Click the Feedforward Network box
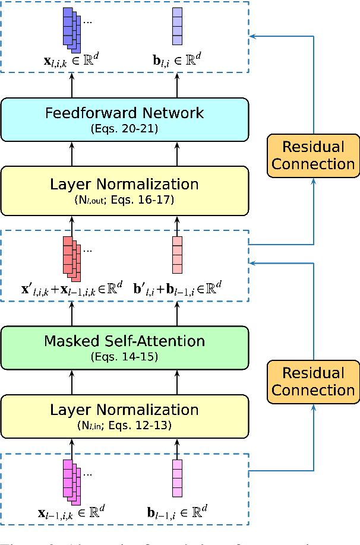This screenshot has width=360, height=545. (124, 119)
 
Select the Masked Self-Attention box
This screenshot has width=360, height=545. (124, 347)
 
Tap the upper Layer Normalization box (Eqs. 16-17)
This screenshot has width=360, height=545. (124, 190)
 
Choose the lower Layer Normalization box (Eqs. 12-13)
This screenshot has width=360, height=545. (124, 416)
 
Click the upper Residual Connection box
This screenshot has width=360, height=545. (313, 156)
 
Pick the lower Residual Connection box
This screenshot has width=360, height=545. (313, 382)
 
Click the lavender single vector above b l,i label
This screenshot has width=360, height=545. (177, 26)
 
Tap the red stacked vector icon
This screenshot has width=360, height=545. (72, 258)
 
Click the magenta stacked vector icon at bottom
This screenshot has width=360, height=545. (72, 480)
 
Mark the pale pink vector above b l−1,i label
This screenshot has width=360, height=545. (177, 479)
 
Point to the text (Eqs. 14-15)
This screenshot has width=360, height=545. (124, 357)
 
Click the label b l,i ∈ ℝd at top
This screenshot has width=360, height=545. (177, 59)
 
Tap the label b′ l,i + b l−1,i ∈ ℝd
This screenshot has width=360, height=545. (178, 290)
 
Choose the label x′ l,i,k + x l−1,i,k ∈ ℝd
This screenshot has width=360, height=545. (71, 290)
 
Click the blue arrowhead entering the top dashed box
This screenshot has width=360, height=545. (253, 37)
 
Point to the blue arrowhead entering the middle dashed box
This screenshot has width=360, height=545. (253, 262)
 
